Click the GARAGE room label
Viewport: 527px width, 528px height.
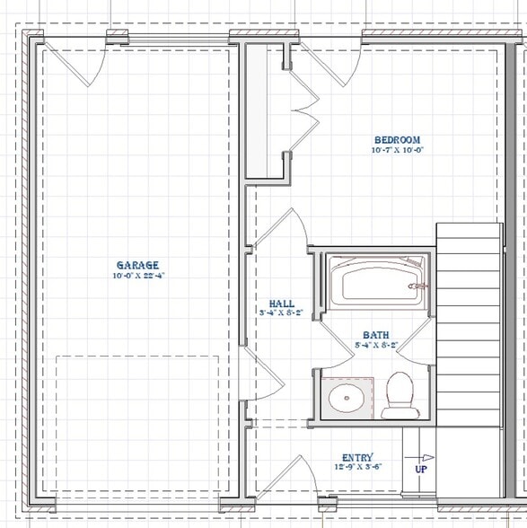(137, 265)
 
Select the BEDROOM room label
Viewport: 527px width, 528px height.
(397, 140)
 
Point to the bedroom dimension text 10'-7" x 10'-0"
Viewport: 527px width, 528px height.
(397, 151)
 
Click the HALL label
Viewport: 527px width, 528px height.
(281, 304)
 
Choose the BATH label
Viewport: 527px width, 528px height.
(375, 334)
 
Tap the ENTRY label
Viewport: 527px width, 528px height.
(357, 457)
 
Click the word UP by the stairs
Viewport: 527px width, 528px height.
(420, 469)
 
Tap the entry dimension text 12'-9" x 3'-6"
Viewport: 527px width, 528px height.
(357, 468)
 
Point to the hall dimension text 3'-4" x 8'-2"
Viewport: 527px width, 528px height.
(281, 313)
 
